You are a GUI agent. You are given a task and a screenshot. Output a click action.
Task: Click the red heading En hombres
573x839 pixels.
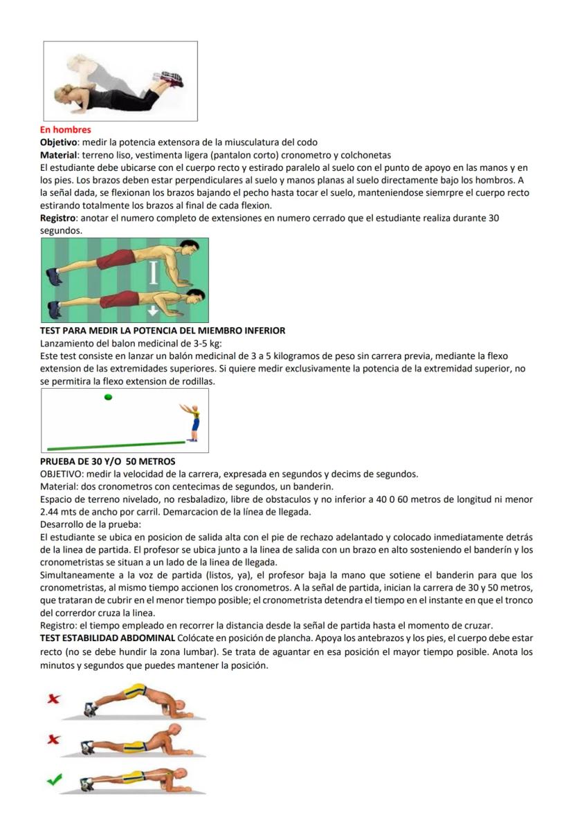coord(65,129)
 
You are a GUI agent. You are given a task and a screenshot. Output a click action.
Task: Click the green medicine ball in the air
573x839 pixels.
coord(108,397)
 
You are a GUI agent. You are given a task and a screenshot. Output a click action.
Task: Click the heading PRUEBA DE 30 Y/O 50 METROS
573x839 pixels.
coord(107,461)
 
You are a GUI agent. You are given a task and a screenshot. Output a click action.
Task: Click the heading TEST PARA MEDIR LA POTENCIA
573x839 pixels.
coord(163,331)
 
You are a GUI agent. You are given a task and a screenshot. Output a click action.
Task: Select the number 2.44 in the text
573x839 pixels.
coord(52,512)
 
